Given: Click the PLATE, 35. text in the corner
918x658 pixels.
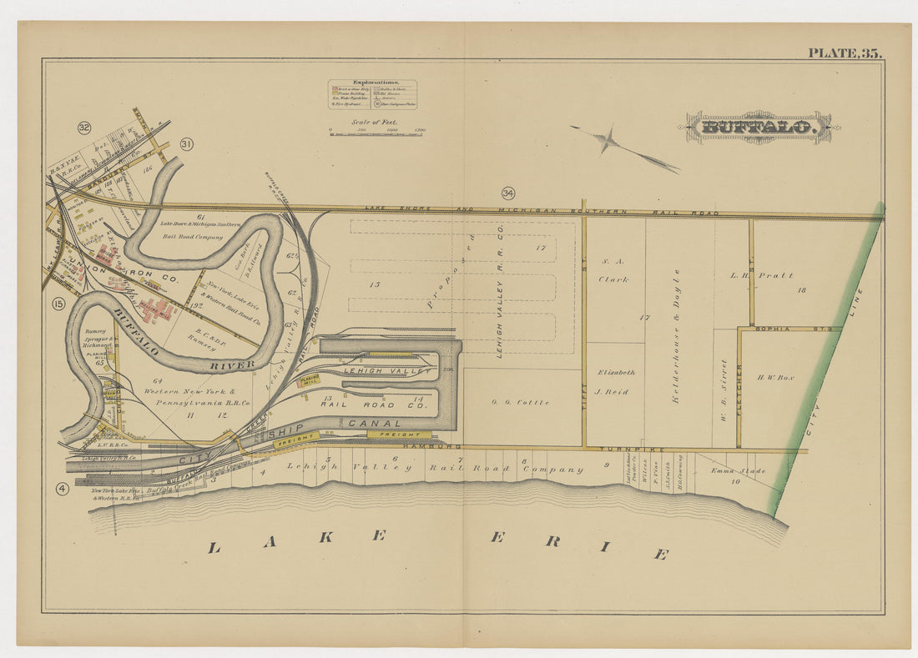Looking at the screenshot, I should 844,53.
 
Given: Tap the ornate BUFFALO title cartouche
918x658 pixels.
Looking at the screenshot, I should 758,128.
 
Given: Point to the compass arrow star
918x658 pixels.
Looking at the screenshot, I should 609,139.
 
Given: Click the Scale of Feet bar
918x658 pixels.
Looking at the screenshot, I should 375,132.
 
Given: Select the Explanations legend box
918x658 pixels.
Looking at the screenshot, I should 372,94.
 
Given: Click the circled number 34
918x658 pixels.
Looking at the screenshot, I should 508,193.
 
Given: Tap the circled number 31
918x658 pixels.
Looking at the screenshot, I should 186,144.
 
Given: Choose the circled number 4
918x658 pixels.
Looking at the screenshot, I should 62,489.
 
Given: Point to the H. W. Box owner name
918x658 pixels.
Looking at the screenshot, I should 774,377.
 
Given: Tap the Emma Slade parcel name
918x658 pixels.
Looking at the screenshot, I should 738,471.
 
